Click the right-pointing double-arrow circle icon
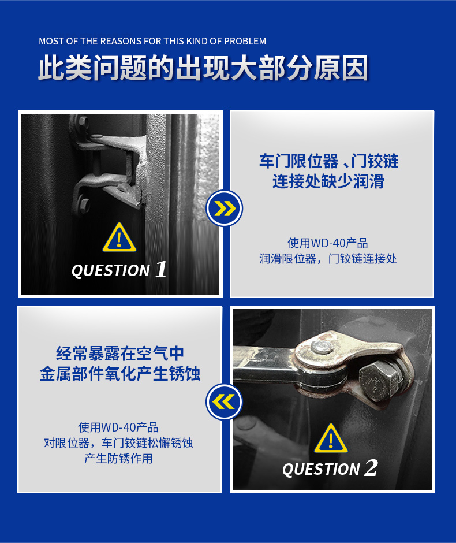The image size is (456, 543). click(225, 208)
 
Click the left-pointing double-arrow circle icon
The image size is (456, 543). click(225, 401)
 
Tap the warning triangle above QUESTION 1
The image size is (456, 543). click(119, 237)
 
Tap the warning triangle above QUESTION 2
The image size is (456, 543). click(331, 438)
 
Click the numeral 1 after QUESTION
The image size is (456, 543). click(161, 269)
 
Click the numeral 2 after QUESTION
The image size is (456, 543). click(371, 468)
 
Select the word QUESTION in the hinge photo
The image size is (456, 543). click(111, 271)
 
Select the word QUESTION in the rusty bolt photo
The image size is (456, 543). click(321, 470)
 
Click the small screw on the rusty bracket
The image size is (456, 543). click(322, 346)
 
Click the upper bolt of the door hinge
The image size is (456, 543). click(83, 122)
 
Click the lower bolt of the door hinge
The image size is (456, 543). click(83, 204)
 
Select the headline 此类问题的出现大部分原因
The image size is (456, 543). click(203, 68)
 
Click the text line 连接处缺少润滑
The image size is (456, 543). click(328, 181)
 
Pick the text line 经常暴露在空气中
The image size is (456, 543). click(120, 354)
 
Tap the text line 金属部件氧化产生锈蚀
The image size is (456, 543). click(120, 374)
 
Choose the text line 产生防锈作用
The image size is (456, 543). click(118, 459)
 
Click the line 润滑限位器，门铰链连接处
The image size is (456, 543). click(328, 258)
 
